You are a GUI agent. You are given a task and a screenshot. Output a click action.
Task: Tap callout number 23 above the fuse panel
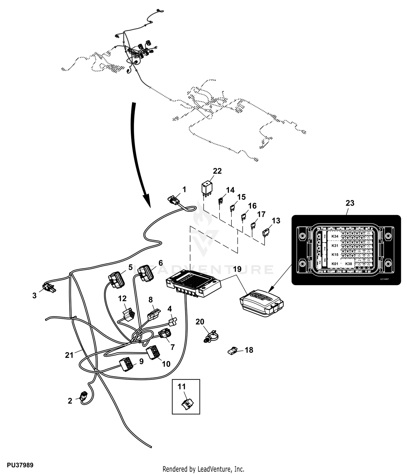click(350, 203)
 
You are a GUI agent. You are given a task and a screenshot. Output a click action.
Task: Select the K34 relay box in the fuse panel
click(335, 236)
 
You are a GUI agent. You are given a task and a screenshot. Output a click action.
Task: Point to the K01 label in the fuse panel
click(335, 264)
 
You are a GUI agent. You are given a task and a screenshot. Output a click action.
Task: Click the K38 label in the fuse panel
click(348, 264)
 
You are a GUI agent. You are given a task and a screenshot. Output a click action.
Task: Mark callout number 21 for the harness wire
click(69, 355)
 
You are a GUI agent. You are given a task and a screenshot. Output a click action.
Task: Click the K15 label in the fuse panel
click(335, 255)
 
